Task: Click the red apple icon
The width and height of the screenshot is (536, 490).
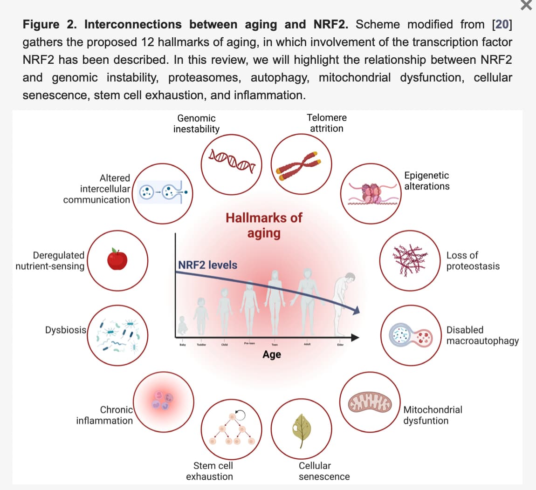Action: click(117, 259)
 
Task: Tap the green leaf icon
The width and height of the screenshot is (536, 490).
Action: click(302, 428)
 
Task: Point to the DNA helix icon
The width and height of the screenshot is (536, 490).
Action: click(232, 159)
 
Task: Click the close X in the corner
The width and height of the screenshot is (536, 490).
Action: click(526, 6)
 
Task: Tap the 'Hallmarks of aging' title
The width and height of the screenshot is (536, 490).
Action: click(264, 225)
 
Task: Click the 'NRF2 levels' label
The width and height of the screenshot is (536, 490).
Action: click(208, 265)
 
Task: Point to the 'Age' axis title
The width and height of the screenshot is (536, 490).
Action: click(272, 354)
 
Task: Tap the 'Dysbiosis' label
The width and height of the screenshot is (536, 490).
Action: click(66, 330)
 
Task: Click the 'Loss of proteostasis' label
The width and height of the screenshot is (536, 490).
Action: click(473, 261)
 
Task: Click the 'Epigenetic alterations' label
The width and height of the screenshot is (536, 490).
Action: click(426, 181)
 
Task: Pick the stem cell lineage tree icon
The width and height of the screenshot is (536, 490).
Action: click(232, 428)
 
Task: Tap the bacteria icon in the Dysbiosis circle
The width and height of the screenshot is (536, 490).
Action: click(117, 335)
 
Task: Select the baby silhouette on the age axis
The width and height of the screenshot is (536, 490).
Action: click(182, 326)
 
